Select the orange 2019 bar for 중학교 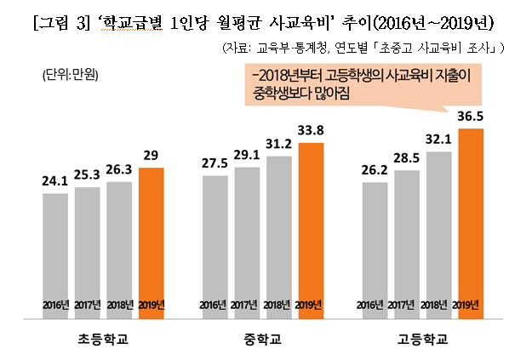(311, 231)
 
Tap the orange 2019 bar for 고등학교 (470, 223)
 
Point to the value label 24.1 (54, 181)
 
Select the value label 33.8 (312, 131)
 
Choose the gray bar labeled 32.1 (438, 235)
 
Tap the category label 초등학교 (102, 340)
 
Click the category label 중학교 (262, 340)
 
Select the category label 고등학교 (422, 340)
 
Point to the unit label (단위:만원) (71, 75)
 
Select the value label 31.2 (279, 144)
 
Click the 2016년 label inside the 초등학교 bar (54, 304)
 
